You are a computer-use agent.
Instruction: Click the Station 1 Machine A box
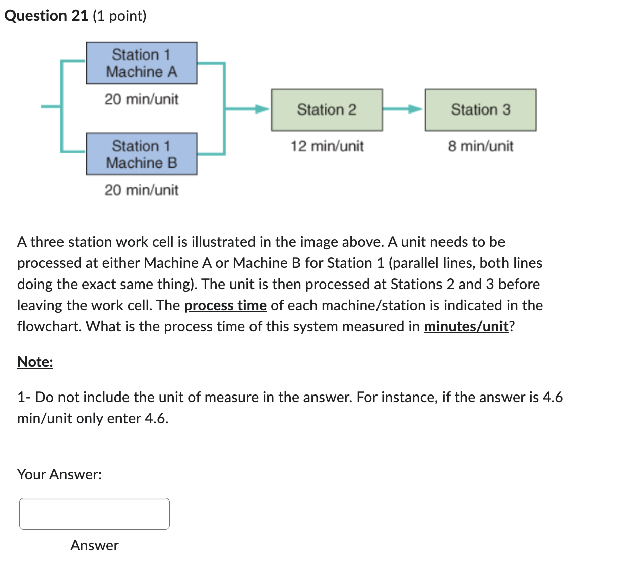141,63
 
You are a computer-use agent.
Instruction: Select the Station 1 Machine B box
141,154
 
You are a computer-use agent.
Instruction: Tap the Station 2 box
327,110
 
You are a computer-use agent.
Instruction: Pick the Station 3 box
480,110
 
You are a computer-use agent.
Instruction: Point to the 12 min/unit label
327,146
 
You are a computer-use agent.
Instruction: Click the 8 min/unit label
480,146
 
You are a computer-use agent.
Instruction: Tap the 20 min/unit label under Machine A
141,99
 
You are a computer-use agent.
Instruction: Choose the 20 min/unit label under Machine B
141,190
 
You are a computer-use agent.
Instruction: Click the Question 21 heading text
46,16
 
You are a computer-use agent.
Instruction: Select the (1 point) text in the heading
119,16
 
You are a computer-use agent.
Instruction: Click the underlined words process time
225,306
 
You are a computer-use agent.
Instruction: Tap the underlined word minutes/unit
466,327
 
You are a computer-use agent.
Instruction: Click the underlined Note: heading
35,362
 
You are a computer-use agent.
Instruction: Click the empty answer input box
94,514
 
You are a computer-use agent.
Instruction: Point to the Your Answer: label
59,474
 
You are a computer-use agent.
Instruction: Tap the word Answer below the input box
94,545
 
